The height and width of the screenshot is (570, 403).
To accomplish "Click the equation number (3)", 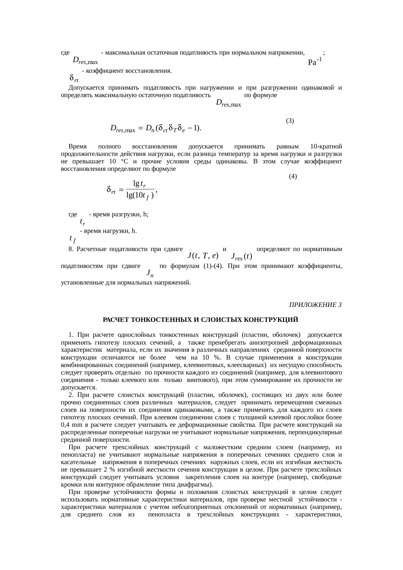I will [x=290, y=121].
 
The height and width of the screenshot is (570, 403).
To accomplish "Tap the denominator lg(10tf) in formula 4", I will [x=140, y=196].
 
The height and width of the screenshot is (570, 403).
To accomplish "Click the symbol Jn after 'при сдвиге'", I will [x=150, y=273].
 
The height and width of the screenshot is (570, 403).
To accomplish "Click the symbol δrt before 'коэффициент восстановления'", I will [x=73, y=78].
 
